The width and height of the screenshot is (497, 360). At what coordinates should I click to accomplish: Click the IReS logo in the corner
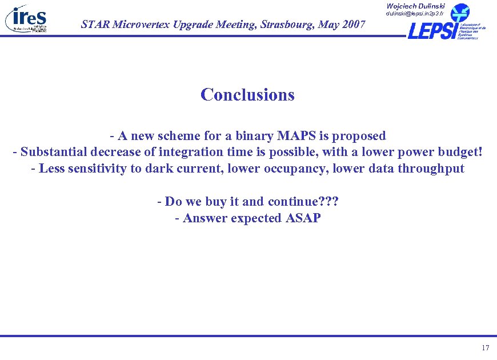tap(26, 19)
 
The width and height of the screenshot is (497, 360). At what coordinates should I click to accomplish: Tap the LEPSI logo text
tap(431, 30)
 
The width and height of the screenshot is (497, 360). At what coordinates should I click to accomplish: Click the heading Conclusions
tap(247, 94)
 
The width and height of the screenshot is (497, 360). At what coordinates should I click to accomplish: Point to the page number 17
tap(486, 348)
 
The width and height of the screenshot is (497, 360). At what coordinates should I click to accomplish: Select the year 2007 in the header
tap(350, 24)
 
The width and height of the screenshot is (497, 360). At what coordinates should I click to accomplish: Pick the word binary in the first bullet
tap(249, 136)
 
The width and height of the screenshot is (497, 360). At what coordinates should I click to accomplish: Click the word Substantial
tap(55, 153)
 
